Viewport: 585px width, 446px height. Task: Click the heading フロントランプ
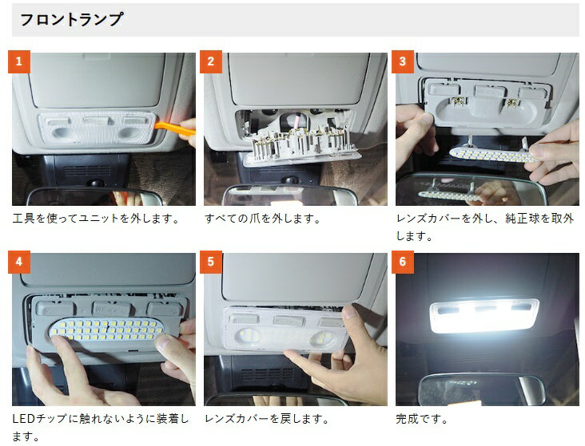(x=71, y=19)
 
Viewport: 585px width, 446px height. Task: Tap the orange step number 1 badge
(x=18, y=61)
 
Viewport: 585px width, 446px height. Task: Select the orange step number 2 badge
(x=211, y=61)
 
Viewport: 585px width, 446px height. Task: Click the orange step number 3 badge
(x=403, y=61)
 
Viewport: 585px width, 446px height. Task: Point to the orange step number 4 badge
(x=18, y=262)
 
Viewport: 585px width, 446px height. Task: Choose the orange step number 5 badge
(x=211, y=262)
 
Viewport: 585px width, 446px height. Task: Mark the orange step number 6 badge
(x=403, y=262)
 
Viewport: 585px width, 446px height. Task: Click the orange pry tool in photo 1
(x=174, y=128)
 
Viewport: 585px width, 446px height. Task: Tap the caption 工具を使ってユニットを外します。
(x=97, y=219)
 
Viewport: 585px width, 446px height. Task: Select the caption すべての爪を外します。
(x=263, y=219)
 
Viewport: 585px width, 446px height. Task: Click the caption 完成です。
(x=422, y=419)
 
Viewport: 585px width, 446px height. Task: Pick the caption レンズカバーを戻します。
(x=267, y=419)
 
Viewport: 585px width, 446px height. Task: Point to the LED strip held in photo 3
(x=492, y=155)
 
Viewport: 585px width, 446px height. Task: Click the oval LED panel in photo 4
(x=107, y=329)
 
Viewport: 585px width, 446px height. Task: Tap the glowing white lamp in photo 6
(x=484, y=316)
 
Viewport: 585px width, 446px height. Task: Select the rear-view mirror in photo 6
(x=481, y=389)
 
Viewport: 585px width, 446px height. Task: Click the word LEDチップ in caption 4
(x=40, y=419)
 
